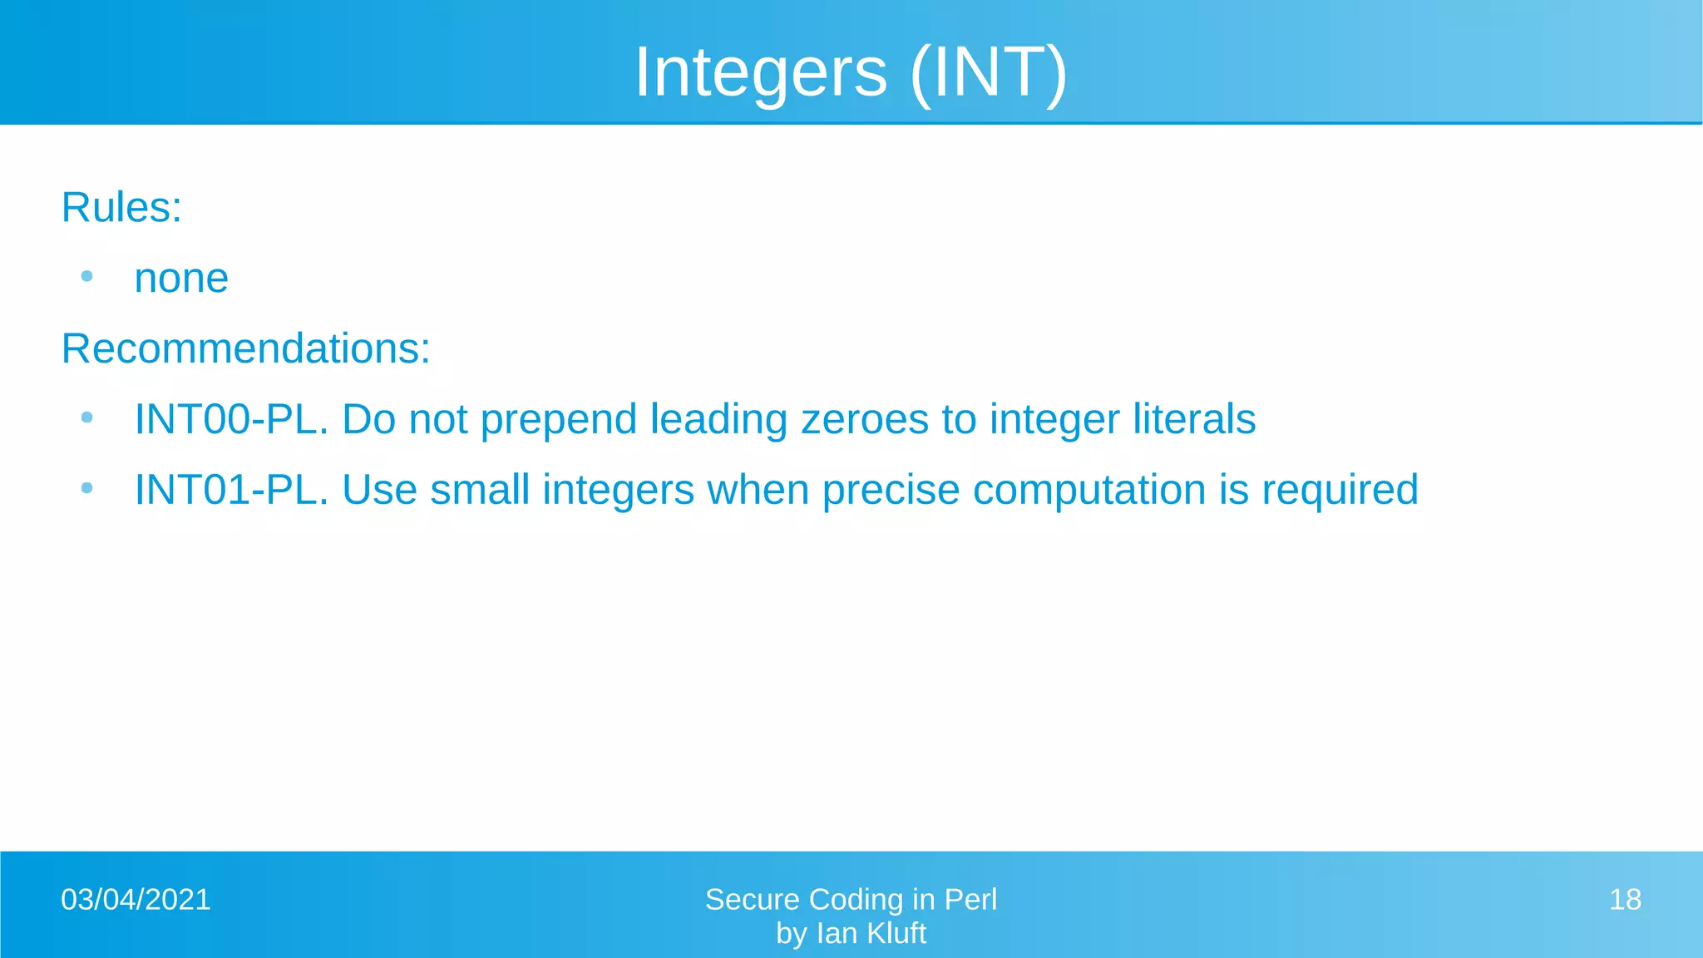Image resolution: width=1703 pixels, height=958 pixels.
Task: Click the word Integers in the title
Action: [x=760, y=73]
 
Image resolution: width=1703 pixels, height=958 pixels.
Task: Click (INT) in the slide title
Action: [x=988, y=73]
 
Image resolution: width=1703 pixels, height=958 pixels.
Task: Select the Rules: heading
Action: [x=121, y=207]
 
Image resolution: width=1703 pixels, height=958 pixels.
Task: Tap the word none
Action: [x=181, y=279]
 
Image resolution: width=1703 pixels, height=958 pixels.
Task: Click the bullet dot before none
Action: [x=86, y=276]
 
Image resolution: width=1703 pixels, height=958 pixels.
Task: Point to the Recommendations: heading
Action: [x=245, y=348]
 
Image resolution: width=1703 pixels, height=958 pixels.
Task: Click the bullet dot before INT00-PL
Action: [x=86, y=417]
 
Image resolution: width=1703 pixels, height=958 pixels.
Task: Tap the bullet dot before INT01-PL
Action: [x=86, y=488]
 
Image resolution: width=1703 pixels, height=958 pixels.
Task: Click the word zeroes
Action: [x=864, y=419]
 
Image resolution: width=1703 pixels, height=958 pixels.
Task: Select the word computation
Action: [x=1089, y=491]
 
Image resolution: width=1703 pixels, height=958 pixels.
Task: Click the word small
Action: [x=480, y=490]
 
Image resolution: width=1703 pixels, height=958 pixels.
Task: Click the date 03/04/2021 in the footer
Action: [x=136, y=900]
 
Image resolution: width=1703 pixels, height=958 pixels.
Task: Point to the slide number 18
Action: [x=1625, y=900]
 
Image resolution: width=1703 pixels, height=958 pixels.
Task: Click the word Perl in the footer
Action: [x=970, y=900]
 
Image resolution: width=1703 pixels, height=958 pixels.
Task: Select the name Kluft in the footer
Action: [x=896, y=934]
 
